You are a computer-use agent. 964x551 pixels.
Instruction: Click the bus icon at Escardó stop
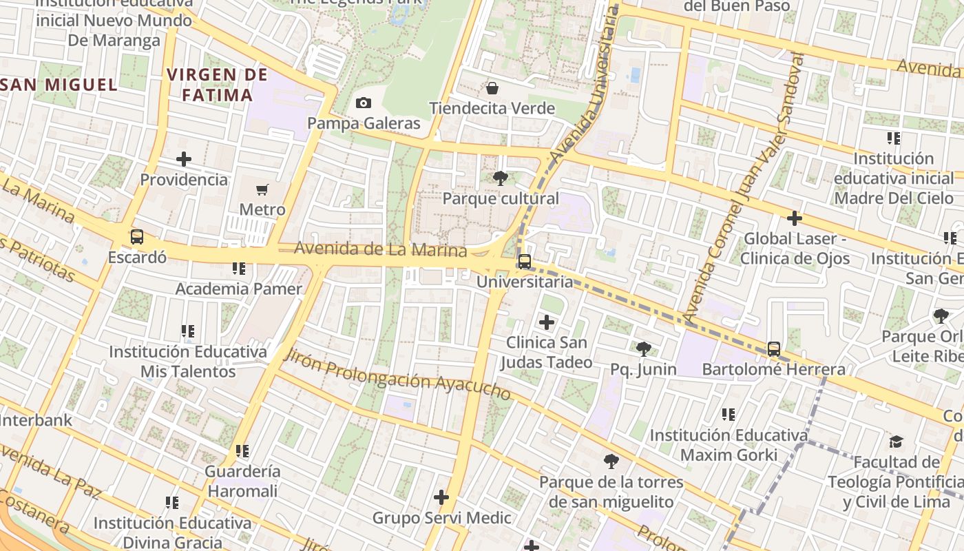coord(137,237)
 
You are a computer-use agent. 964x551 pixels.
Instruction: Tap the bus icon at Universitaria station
coord(525,262)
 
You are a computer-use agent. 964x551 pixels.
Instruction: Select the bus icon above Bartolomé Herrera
coord(774,349)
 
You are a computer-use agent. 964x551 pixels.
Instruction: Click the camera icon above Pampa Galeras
coord(364,103)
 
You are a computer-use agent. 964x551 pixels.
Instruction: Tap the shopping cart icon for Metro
coord(262,189)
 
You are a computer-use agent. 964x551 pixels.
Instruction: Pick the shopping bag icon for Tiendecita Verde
coord(492,88)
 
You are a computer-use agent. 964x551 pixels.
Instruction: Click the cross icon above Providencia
coord(184,159)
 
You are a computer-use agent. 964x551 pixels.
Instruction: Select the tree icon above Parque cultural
coord(501,179)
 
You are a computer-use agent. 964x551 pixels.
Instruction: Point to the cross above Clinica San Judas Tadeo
coord(547,322)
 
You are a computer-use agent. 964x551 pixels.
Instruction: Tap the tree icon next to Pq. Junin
coord(643,349)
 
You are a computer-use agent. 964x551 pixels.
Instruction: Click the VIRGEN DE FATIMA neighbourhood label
coord(217,84)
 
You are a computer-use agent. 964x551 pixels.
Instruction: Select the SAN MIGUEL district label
coord(60,85)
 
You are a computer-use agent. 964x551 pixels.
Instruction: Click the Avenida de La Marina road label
coord(380,249)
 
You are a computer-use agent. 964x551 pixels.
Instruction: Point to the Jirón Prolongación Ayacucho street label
coord(397,375)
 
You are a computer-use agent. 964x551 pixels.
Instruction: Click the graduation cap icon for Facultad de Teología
coord(896,441)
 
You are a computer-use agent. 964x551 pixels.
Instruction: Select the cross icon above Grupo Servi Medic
coord(441,497)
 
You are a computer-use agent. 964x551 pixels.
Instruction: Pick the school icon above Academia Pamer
coord(239,268)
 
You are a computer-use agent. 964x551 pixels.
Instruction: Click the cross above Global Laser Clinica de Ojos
coord(795,218)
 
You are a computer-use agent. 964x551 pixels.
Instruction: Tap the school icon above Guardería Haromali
coord(242,451)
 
